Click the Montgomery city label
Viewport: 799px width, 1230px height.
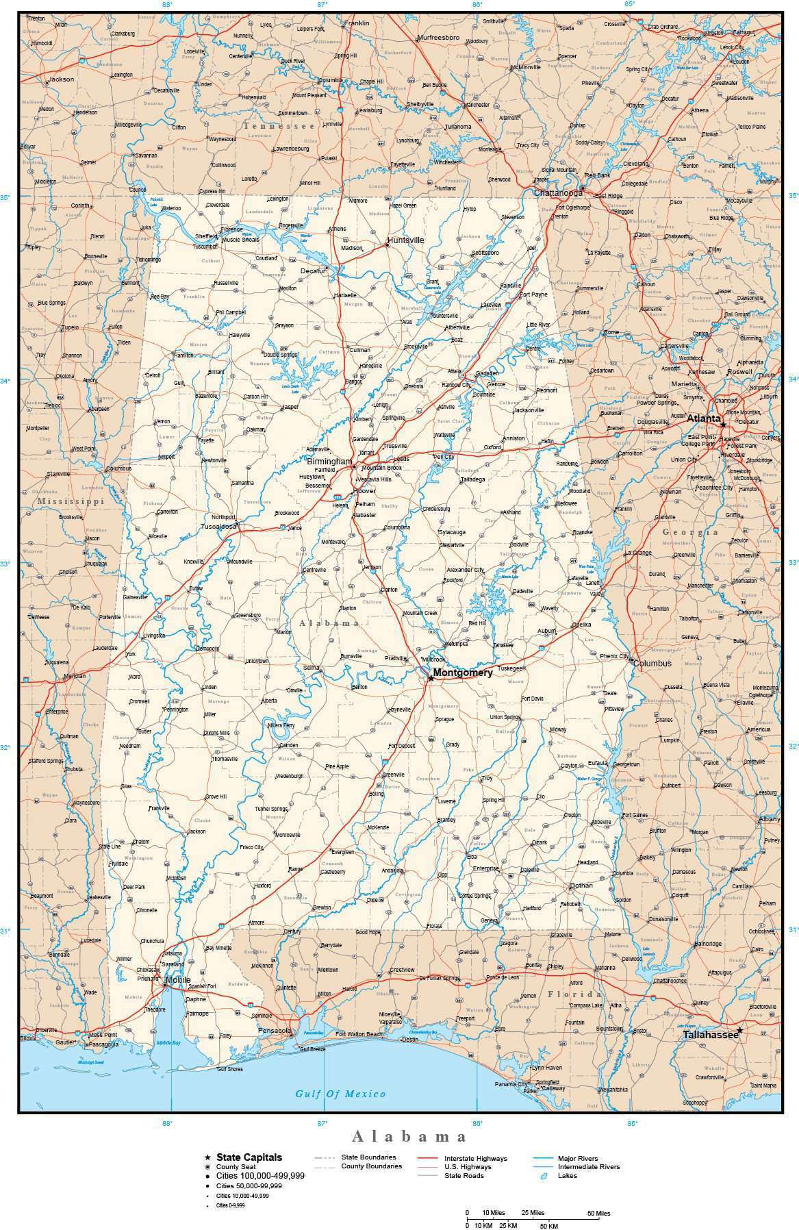[x=463, y=673]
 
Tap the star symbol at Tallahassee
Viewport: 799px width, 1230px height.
[x=739, y=1029]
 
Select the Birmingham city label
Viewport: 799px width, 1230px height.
[x=329, y=462]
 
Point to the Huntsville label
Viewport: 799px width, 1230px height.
[x=405, y=240]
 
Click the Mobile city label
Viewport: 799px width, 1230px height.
[x=179, y=980]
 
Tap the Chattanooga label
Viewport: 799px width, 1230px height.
[x=558, y=193]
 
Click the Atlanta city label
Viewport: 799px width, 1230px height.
[x=704, y=418]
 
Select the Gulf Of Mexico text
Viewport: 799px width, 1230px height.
[x=340, y=1094]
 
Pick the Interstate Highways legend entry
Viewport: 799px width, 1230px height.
[x=476, y=1158]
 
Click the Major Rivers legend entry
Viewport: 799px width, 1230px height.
[x=578, y=1158]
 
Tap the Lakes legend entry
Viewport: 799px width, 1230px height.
[x=567, y=1175]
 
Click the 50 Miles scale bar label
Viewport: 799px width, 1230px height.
[x=598, y=1213]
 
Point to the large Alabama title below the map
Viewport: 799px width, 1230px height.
[x=409, y=1137]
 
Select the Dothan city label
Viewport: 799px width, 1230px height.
[x=582, y=885]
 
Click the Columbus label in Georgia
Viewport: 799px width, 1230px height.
[x=652, y=663]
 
